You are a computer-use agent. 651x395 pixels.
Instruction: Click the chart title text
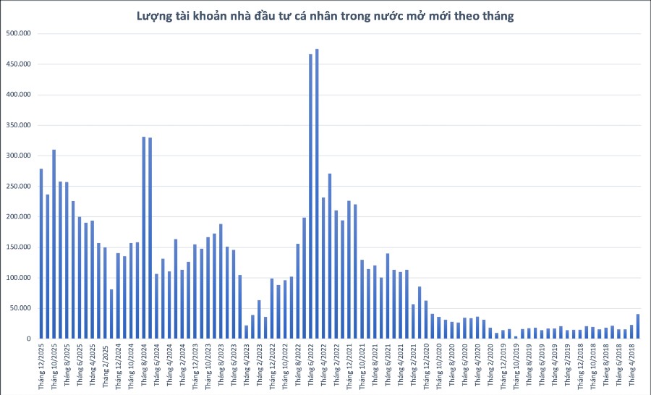[x=325, y=16]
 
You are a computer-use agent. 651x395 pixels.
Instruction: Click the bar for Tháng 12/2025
[x=41, y=253]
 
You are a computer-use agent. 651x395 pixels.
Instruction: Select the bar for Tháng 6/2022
[x=310, y=196]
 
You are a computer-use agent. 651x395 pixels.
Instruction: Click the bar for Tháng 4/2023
[x=246, y=332]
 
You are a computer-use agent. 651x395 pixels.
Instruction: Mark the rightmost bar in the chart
[x=637, y=326]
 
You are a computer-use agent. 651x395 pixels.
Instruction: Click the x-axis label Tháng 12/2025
[x=41, y=365]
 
